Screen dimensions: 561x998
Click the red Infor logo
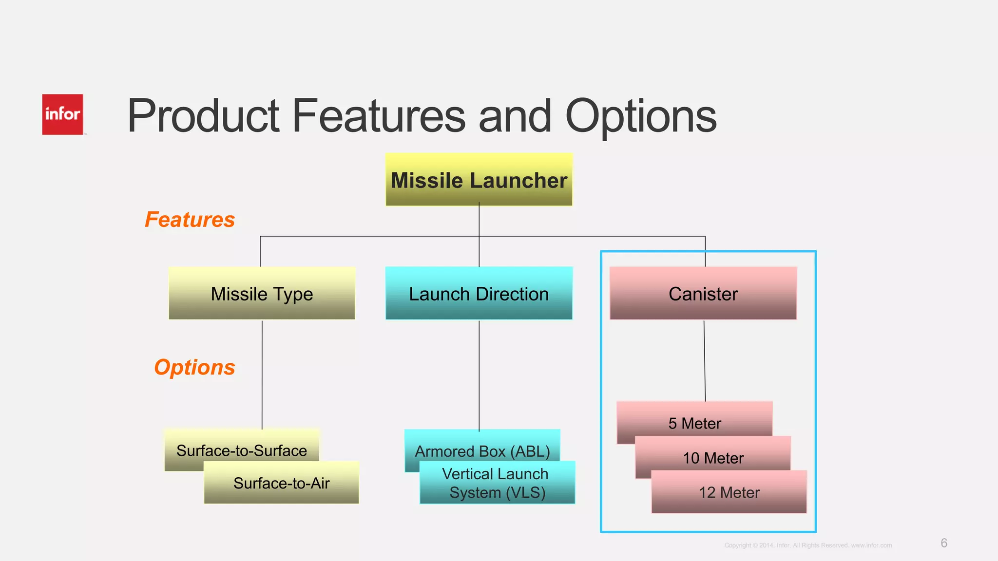62,114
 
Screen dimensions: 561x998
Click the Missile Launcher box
479,180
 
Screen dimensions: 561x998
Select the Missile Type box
262,293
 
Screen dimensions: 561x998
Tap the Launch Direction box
479,293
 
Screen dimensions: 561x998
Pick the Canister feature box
703,293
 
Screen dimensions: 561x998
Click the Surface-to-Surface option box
241,445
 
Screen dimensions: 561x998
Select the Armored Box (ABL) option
482,445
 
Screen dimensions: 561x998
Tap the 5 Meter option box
694,419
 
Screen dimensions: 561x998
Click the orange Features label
190,220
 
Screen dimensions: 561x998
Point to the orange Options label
194,367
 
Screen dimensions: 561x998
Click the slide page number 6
944,543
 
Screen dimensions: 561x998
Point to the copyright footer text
808,545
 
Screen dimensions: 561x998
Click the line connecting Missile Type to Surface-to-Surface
262,375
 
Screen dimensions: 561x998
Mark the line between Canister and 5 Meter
705,360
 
